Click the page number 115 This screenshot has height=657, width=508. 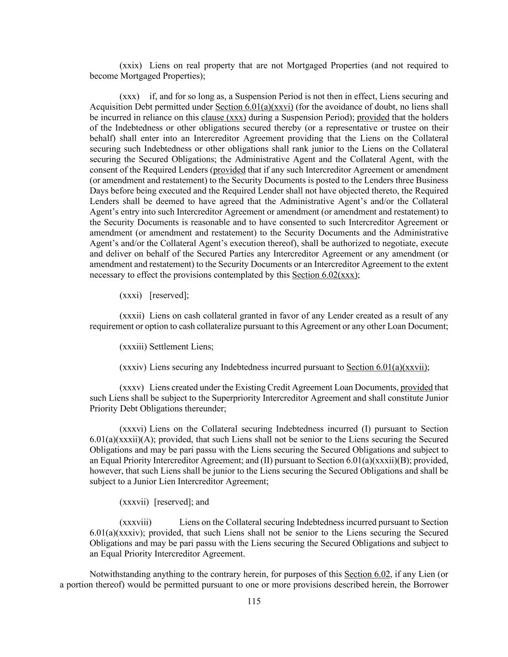point(254,601)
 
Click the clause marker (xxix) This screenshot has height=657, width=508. point(130,65)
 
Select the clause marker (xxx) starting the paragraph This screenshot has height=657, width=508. point(130,97)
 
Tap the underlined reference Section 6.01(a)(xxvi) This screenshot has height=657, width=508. point(254,107)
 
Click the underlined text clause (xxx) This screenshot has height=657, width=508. point(223,117)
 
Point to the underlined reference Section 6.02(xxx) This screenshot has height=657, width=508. point(325,275)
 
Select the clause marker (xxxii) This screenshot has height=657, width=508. point(132,316)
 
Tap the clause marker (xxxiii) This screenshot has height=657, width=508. point(133,347)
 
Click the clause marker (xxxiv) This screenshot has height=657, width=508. point(132,367)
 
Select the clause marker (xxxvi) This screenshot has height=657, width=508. point(133,429)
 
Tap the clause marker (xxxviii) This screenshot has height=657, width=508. point(135,522)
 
